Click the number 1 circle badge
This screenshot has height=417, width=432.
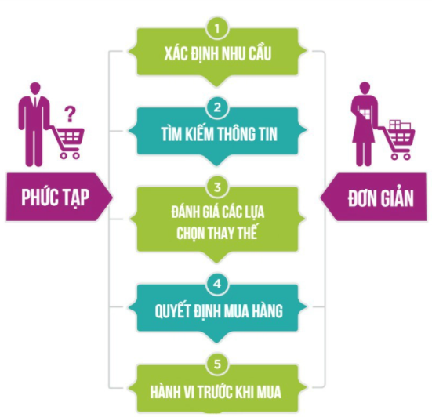[217, 28]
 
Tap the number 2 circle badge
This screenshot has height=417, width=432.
[217, 107]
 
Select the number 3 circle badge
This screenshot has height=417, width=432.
[217, 187]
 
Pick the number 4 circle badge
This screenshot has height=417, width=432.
[217, 284]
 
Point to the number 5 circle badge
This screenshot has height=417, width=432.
[217, 364]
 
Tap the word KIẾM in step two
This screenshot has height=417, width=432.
[199, 134]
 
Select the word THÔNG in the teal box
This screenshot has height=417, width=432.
[238, 134]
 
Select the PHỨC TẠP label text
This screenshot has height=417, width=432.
[56, 198]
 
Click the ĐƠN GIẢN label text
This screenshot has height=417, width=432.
[380, 198]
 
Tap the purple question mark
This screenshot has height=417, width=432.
[70, 114]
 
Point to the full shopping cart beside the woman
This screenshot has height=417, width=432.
[398, 140]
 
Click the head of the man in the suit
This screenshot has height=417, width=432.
[35, 89]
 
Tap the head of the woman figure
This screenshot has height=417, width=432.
[365, 88]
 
